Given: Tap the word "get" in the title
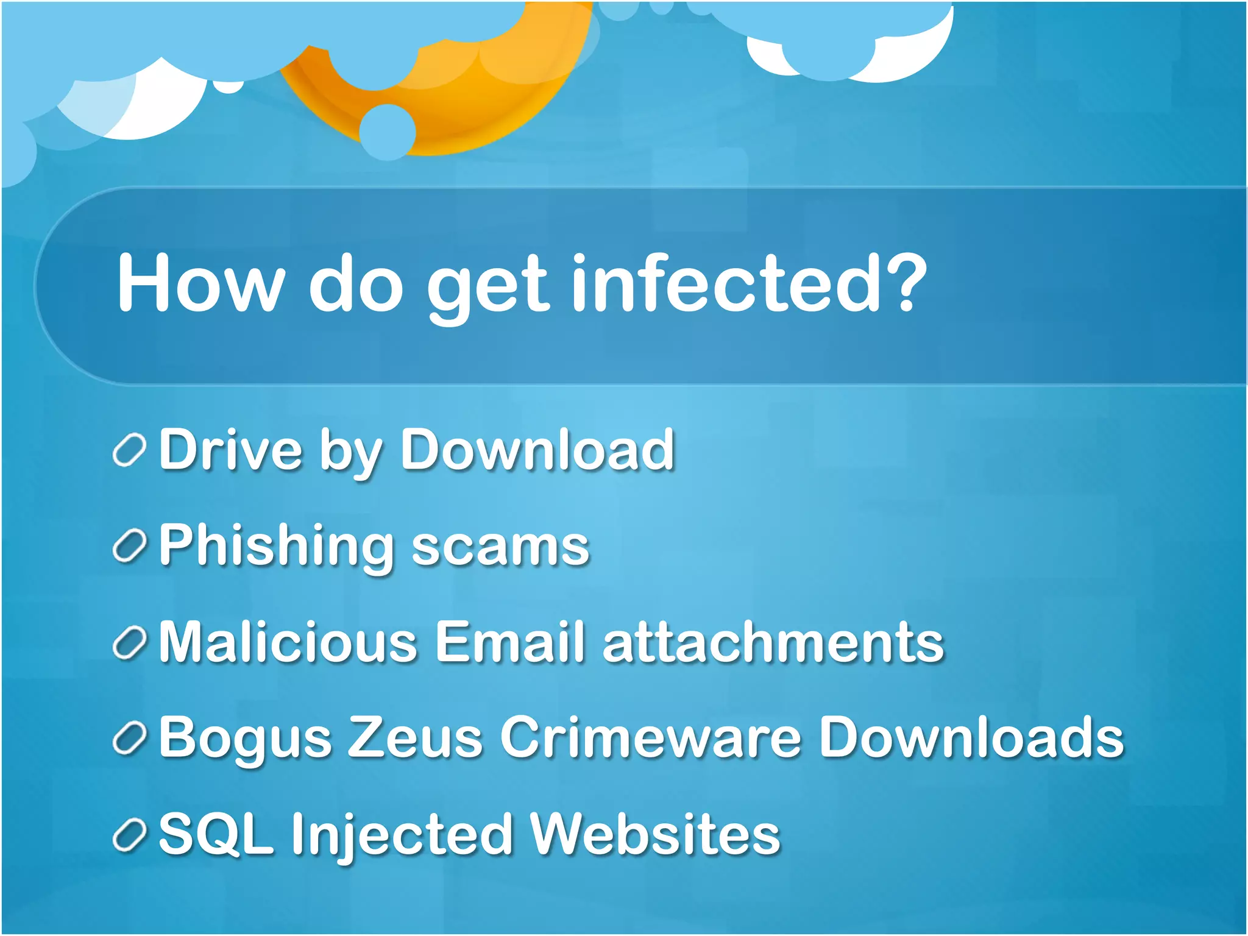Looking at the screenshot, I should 487,286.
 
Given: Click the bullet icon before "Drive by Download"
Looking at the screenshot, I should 129,452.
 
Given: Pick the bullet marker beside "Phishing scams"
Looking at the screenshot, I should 129,546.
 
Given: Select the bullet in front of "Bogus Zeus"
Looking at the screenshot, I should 129,739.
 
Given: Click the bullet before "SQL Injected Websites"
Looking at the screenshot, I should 129,835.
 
